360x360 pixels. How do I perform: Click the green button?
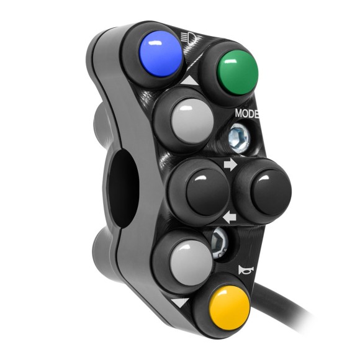pos(236,71)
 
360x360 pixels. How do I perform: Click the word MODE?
pos(247,114)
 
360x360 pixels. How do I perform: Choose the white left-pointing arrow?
pos(229,217)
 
